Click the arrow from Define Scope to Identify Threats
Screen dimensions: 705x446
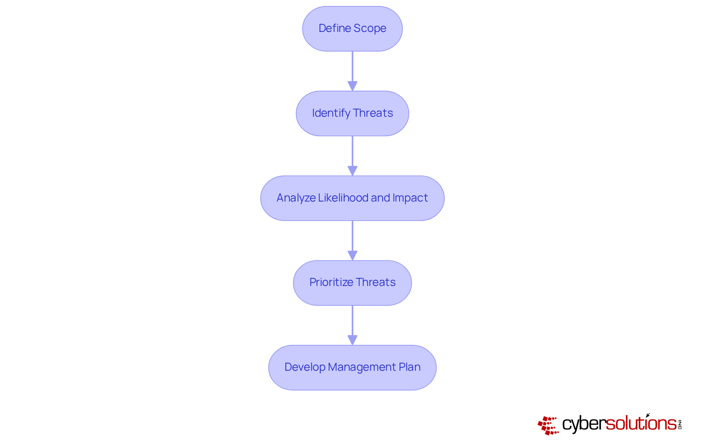(352, 68)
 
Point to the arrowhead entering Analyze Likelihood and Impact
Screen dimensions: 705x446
(352, 171)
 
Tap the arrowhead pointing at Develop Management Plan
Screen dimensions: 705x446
(352, 340)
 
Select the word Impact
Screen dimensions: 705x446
(410, 198)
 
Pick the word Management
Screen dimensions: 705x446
(362, 367)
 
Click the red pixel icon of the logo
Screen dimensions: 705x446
(548, 425)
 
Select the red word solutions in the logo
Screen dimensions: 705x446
(641, 423)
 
